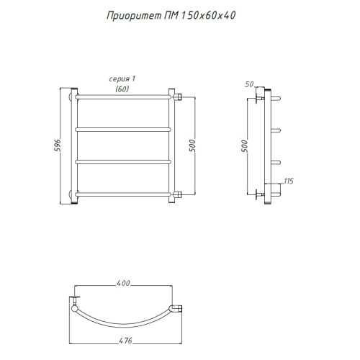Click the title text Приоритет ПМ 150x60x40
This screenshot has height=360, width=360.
(171, 16)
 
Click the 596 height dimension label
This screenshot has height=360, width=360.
(58, 145)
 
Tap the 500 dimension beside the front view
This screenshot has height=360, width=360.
(192, 145)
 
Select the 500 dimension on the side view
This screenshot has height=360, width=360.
(244, 146)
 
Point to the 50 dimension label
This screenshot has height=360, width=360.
(249, 84)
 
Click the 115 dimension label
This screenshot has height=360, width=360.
(289, 181)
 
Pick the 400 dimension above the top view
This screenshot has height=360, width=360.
(123, 283)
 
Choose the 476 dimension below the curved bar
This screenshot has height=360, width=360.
(125, 341)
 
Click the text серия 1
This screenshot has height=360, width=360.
(122, 79)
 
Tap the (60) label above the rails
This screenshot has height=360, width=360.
(122, 89)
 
